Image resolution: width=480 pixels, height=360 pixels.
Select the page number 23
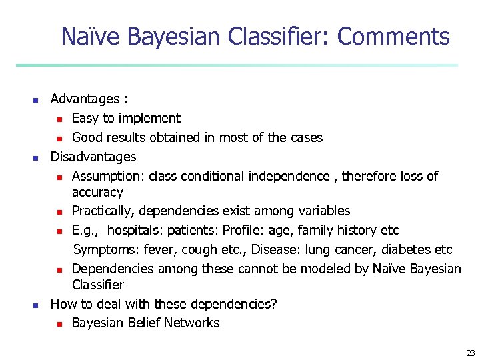coord(471,353)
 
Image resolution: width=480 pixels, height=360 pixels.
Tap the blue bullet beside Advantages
coord(36,100)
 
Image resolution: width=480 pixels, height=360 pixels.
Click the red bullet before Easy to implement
coord(59,119)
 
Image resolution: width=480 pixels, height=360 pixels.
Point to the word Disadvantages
coord(93,157)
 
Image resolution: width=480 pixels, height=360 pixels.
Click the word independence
coord(289,176)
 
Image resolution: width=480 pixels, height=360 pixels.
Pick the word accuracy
coord(97,192)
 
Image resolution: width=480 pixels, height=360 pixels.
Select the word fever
coord(153,249)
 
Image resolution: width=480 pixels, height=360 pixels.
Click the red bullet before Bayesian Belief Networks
coord(59,324)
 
